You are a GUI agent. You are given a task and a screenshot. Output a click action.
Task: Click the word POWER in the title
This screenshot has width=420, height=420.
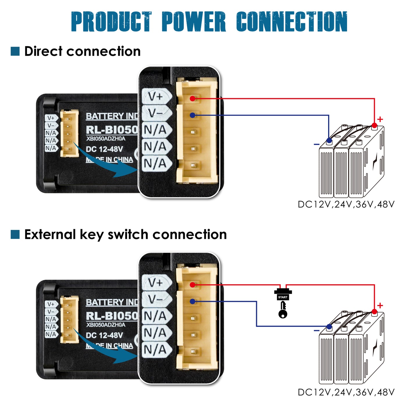pos(193,22)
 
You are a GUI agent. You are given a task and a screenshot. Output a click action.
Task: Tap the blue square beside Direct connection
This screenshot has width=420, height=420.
pos(15,51)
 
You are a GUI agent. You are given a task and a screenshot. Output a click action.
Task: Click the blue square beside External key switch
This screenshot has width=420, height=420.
pos(15,234)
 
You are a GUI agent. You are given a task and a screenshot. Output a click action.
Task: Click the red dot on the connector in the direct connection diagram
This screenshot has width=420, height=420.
pos(192,99)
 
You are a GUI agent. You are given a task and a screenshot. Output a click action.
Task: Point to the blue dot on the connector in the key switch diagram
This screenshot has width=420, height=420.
pos(192,301)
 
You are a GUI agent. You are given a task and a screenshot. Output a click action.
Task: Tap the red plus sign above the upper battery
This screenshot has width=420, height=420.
pos(380,119)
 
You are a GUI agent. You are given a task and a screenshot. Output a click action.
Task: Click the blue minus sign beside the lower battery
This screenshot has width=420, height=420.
pos(317,330)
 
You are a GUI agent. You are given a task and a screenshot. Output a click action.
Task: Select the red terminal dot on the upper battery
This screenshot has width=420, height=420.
pos(374,126)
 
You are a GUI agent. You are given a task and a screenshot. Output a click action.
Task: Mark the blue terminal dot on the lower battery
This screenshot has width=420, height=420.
pos(329,327)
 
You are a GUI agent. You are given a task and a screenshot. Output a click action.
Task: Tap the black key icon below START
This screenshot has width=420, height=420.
pos(283,310)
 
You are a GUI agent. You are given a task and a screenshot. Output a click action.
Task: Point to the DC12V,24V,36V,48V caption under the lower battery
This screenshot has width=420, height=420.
pos(346,392)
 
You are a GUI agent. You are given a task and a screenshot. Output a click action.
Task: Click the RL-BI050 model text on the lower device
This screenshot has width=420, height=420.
pos(112,316)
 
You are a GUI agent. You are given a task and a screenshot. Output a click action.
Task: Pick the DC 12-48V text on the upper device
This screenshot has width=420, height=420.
pos(104,149)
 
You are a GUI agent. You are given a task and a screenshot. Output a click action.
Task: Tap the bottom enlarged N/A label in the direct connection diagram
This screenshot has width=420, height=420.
pos(156,163)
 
